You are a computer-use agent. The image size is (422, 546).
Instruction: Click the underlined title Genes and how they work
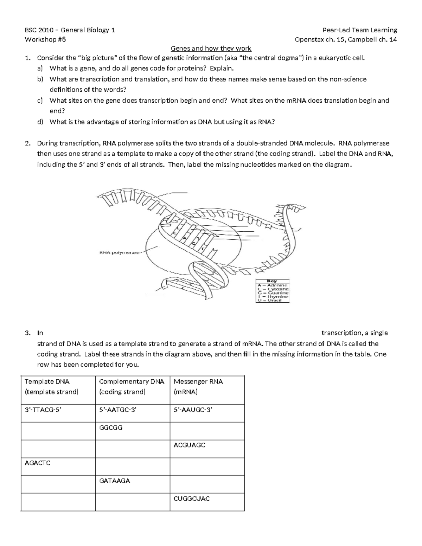(x=211, y=49)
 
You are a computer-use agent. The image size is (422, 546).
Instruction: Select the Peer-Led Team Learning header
(x=360, y=30)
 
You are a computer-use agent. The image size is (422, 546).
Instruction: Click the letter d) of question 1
(x=40, y=122)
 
